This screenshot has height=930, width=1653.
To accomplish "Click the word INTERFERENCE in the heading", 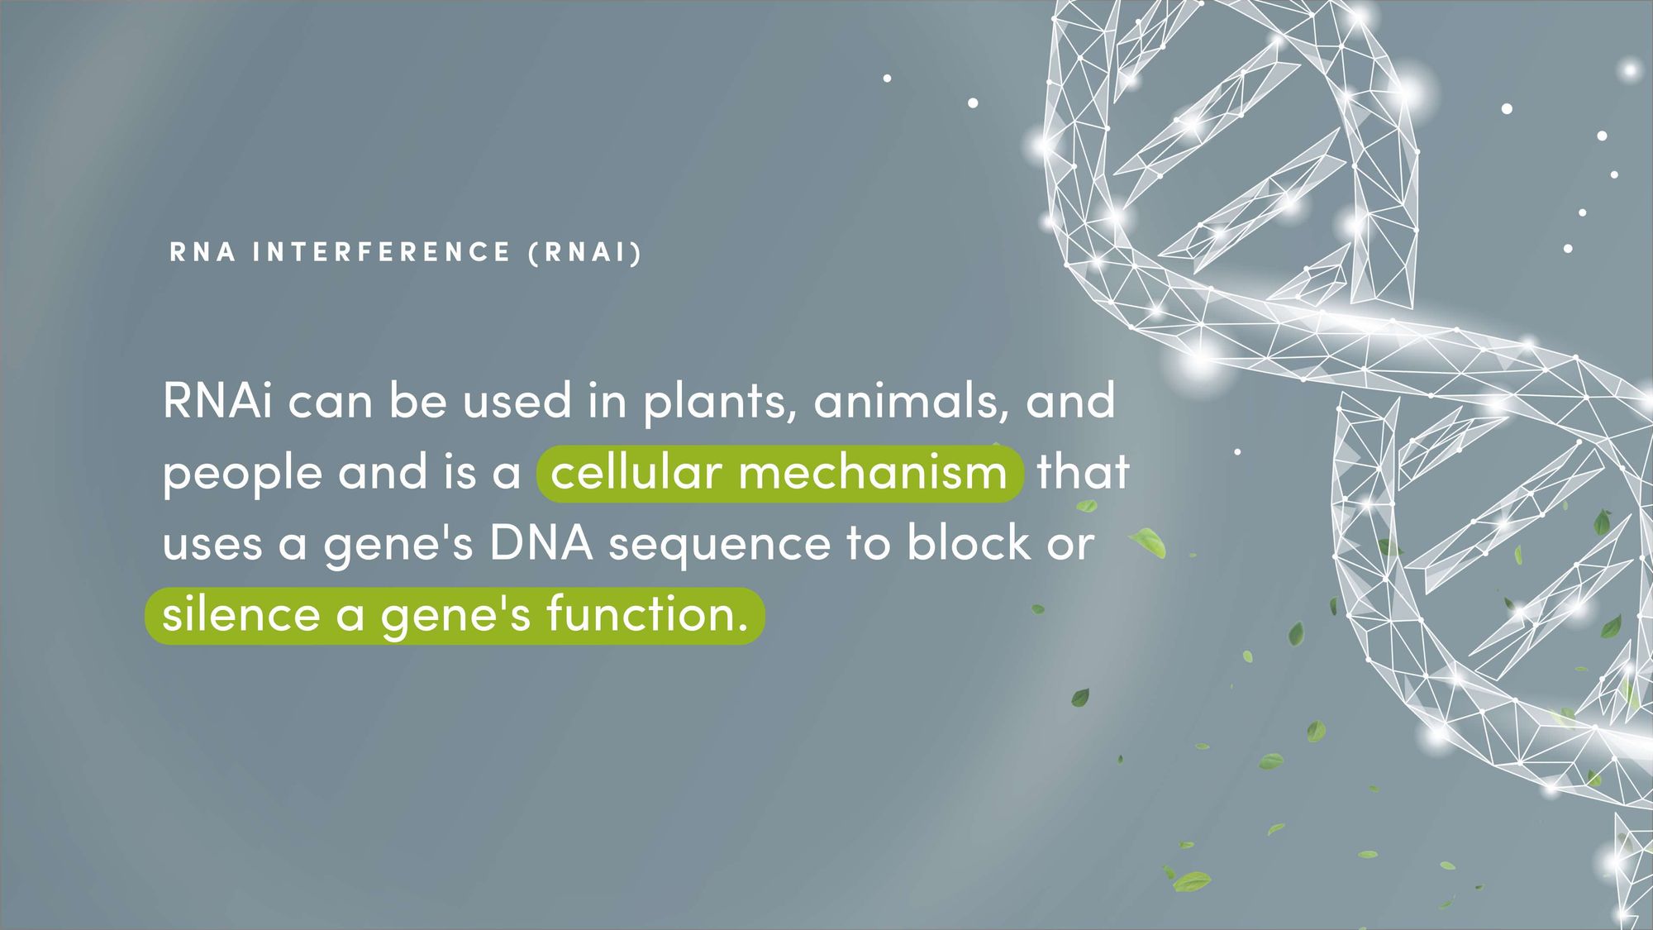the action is [382, 252].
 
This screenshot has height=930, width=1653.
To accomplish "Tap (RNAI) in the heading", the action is [585, 252].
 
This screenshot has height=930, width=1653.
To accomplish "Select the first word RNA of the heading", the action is [202, 252].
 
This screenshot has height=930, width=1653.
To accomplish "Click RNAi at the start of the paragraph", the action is [217, 401].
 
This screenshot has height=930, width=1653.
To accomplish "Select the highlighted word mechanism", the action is [873, 473].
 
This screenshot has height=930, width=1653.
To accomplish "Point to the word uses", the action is [212, 545].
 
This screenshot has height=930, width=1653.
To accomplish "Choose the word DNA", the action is [541, 544].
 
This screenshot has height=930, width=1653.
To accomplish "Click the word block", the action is [969, 542].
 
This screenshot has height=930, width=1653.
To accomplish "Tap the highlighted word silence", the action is [241, 614].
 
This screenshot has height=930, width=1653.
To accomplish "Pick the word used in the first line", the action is [517, 401].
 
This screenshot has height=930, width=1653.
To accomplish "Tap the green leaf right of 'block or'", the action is [1148, 542].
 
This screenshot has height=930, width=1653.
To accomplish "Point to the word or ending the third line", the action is [1071, 546].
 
